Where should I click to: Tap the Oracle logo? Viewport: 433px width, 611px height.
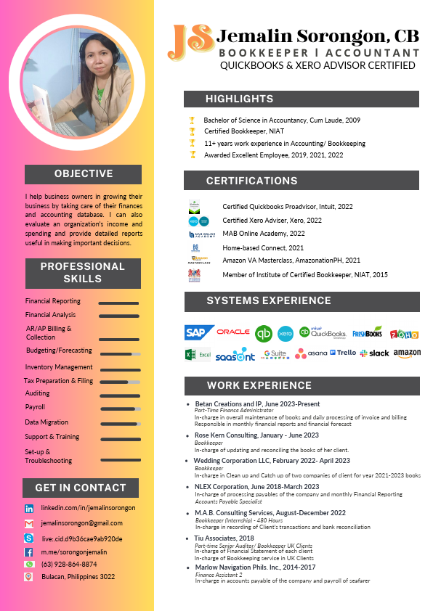click(233, 332)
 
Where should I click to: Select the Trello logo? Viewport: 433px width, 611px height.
click(343, 353)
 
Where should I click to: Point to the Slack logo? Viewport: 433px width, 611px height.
click(375, 353)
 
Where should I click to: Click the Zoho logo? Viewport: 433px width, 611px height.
click(405, 334)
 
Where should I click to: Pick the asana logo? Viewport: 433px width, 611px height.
click(312, 353)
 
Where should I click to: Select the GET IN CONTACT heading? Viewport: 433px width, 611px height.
click(81, 488)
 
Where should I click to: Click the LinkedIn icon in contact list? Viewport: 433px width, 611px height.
click(29, 509)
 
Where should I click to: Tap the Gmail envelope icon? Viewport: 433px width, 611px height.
click(29, 523)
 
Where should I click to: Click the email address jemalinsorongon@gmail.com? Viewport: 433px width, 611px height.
click(81, 523)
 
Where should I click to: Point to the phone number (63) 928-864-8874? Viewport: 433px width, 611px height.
click(69, 564)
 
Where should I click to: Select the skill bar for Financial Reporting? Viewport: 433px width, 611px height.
click(118, 303)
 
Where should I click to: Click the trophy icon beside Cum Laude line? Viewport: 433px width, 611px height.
click(192, 120)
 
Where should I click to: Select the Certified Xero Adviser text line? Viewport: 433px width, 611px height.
click(272, 221)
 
